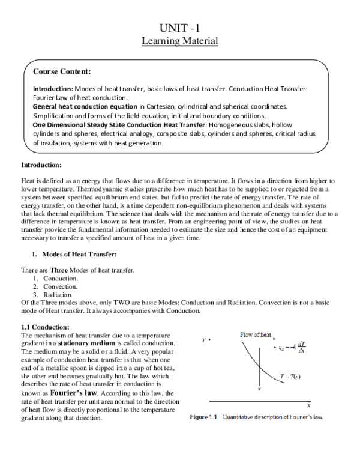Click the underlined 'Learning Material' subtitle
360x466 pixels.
pos(179,41)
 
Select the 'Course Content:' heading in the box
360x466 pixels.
pos(62,71)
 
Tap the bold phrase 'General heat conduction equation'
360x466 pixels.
pos(85,106)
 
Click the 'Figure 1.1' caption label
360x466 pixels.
pos(205,417)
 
